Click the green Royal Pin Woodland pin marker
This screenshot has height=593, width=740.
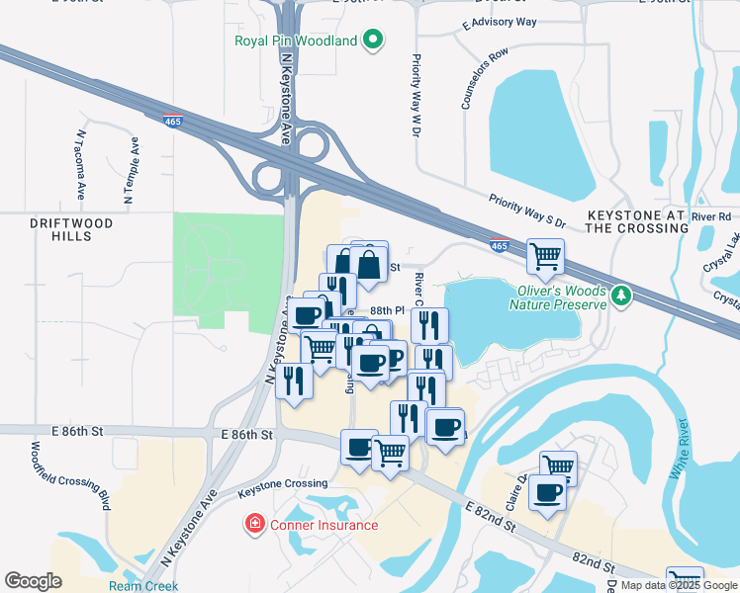[x=373, y=41]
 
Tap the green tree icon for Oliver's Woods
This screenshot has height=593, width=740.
[x=621, y=295]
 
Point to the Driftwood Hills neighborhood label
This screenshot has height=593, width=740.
[x=71, y=230]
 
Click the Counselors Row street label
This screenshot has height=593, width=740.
[x=485, y=78]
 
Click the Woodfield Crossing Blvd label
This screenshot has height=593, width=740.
[x=71, y=479]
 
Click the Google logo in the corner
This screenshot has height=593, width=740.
[x=34, y=581]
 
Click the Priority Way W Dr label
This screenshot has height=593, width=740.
[x=416, y=95]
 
